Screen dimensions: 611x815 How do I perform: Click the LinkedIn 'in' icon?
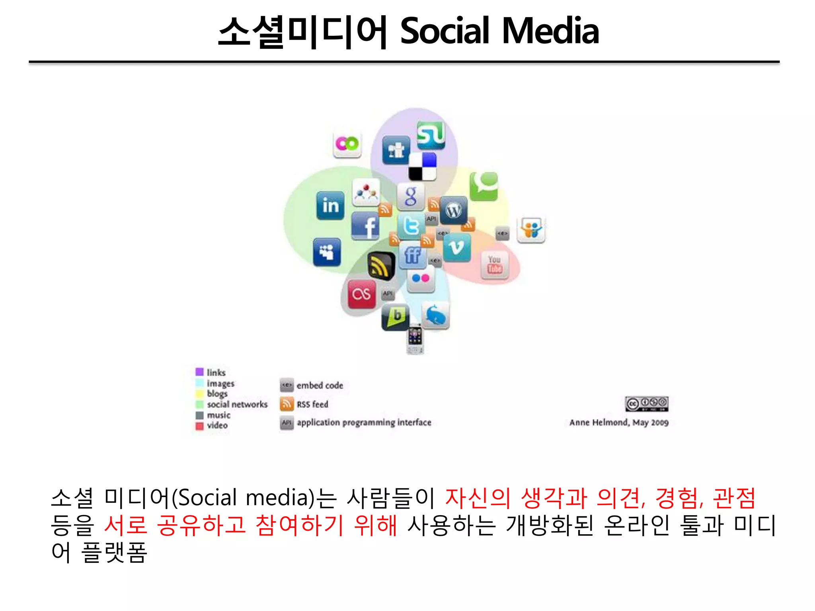[x=330, y=205]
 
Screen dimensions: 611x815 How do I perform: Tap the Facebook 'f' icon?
[x=365, y=226]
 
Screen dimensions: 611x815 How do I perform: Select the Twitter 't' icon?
[x=411, y=226]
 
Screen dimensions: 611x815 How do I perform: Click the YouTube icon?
[x=495, y=265]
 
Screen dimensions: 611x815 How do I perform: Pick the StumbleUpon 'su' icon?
[x=431, y=135]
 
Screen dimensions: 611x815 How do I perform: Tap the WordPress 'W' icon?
[x=454, y=210]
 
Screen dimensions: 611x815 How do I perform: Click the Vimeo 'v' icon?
[x=456, y=247]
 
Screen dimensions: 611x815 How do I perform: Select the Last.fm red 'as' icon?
[x=361, y=294]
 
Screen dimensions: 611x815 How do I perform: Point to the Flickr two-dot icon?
[x=421, y=278]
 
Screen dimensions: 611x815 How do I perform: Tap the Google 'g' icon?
[x=411, y=196]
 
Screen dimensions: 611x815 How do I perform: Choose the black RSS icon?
[x=380, y=266]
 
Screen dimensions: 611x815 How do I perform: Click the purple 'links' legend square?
[x=199, y=372]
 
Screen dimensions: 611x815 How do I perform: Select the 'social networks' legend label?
[x=237, y=404]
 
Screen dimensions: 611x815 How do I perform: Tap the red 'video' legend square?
[x=199, y=426]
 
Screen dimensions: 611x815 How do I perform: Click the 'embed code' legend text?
[x=320, y=385]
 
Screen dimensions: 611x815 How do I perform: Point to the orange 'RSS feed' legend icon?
[x=287, y=404]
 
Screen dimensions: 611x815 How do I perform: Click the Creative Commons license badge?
[x=646, y=404]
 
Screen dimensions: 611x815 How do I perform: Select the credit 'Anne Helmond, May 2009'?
[x=619, y=422]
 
